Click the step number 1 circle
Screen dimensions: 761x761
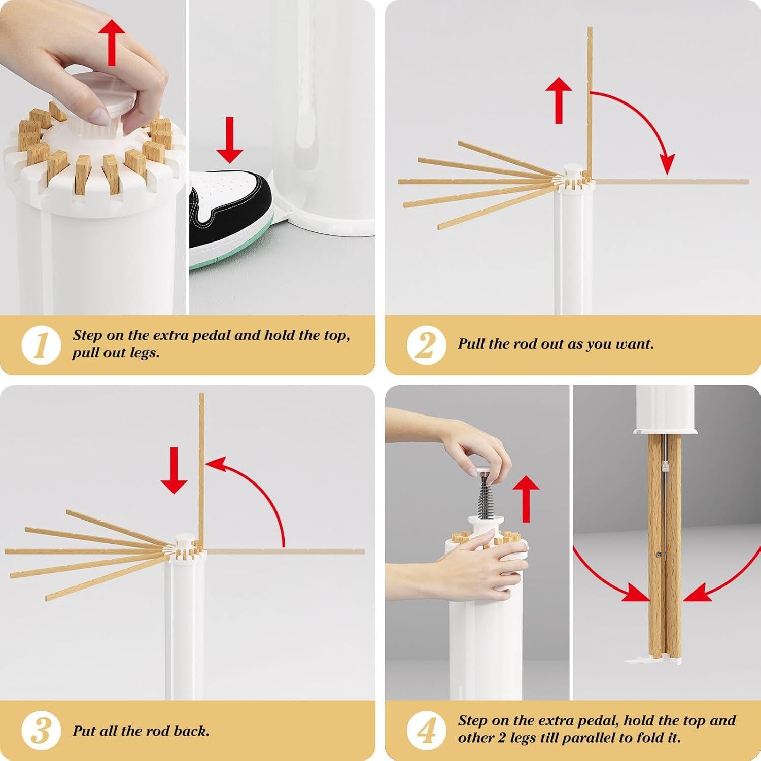(x=41, y=344)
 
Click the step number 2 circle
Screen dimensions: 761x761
(x=426, y=344)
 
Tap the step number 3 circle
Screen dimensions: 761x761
(x=41, y=731)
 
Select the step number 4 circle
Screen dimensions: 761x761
(x=426, y=731)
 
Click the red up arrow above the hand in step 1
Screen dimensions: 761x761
(x=113, y=43)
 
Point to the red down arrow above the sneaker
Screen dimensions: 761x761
(x=230, y=140)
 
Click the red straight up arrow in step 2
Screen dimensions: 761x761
(x=559, y=100)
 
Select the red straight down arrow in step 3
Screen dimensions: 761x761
(x=174, y=470)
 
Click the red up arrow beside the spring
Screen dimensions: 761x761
(x=526, y=499)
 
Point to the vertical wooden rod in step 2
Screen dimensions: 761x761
(x=590, y=102)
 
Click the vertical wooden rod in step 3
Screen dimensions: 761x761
(x=201, y=469)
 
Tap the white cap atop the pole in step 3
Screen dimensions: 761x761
(x=182, y=539)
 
